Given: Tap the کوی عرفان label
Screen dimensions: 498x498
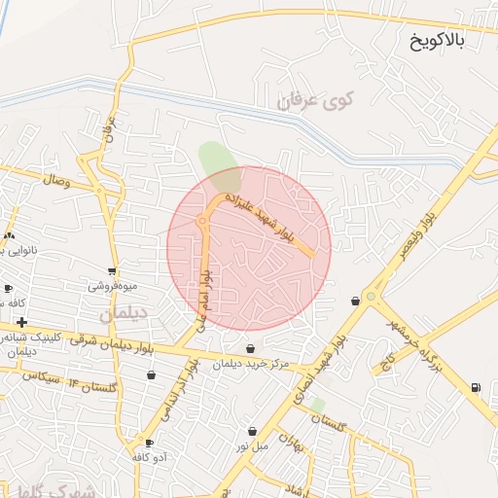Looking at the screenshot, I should [318, 99].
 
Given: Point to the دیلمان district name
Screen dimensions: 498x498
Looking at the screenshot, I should [124, 315].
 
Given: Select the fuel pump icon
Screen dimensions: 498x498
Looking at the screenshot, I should [476, 388].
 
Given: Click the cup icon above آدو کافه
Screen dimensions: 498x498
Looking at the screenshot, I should [149, 442].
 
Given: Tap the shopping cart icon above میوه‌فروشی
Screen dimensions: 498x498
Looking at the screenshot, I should [113, 271].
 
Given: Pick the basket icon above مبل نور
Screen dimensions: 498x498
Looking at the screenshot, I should [252, 431].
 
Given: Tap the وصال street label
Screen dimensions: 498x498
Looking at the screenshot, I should [54, 181].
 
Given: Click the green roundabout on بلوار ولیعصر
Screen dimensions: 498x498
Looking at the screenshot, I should [371, 297].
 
